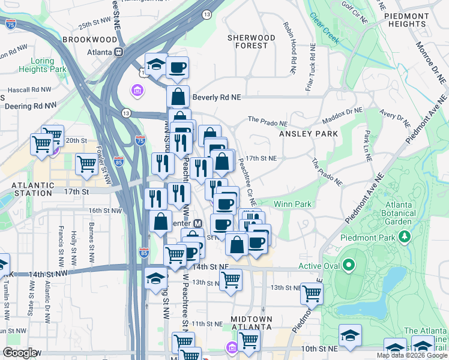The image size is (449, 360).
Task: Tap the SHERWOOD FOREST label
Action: [x=251, y=41]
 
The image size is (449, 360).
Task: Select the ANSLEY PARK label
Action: [x=309, y=134]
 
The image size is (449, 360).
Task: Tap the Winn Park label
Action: [x=292, y=205]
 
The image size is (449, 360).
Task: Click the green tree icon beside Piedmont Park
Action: [x=405, y=237]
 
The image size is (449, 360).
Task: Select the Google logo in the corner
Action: [x=20, y=353]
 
